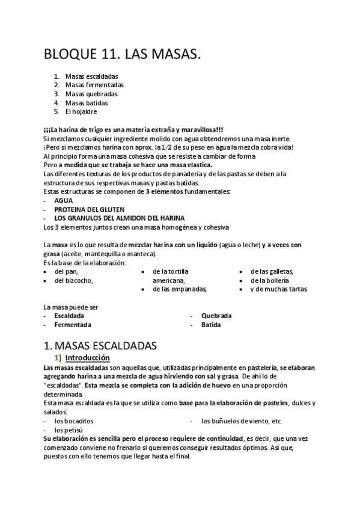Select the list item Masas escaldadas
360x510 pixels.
point(91,76)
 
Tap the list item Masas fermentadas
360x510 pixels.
point(94,85)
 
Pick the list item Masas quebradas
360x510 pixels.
point(91,94)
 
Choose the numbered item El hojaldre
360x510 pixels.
point(81,111)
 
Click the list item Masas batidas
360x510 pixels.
point(88,103)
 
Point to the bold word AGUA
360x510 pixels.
point(64,200)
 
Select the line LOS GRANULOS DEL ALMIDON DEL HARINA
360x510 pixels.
point(119,218)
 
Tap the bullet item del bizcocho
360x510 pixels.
point(74,280)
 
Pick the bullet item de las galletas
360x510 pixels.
point(272,271)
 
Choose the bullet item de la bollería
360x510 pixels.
point(270,280)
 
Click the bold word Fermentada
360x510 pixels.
point(73,325)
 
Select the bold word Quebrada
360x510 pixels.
point(216,316)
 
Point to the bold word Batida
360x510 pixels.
point(211,325)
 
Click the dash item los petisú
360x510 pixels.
point(69,430)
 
